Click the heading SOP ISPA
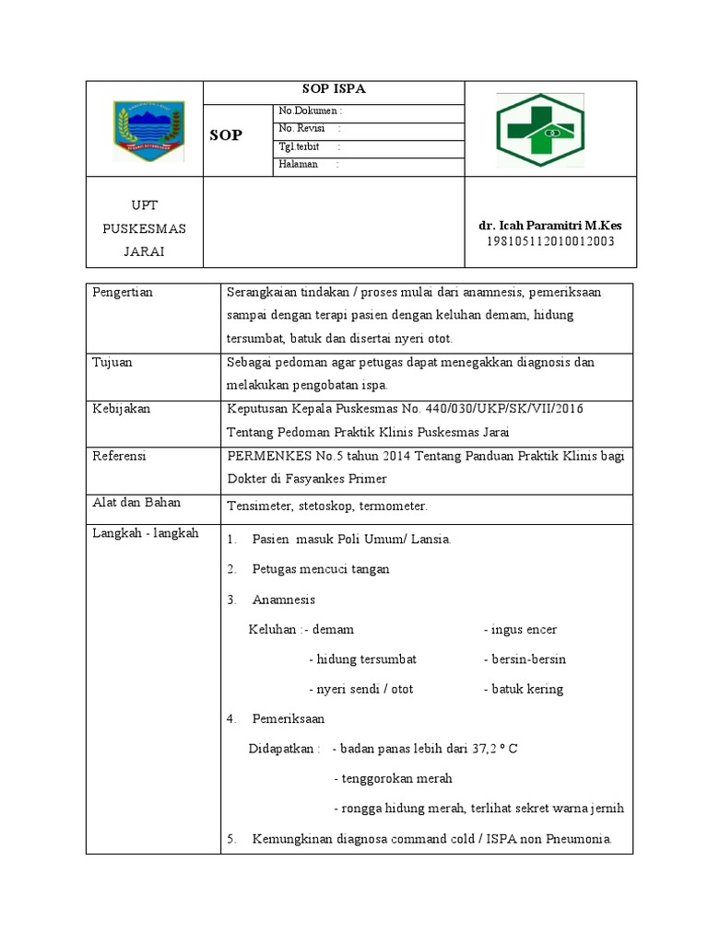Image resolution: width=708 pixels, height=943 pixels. click(333, 89)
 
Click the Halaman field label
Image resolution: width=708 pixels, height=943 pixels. click(299, 164)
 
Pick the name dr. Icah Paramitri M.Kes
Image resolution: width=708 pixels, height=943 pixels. click(550, 226)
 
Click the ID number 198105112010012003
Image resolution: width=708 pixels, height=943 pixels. click(550, 241)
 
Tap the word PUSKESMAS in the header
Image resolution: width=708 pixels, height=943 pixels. click(143, 227)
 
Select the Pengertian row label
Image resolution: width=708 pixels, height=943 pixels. click(123, 292)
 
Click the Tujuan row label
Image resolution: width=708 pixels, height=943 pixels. click(112, 362)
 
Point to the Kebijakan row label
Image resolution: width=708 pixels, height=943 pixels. click(121, 408)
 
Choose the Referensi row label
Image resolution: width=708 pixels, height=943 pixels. click(121, 455)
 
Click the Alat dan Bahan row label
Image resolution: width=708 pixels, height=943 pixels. click(136, 502)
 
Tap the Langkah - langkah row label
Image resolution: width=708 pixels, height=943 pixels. click(146, 533)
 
